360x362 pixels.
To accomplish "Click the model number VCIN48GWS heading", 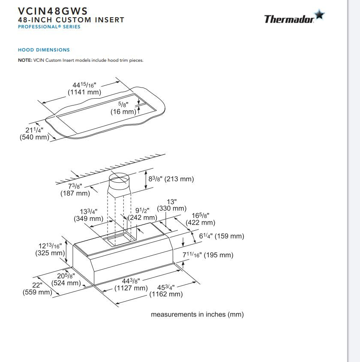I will pyautogui.click(x=53, y=11).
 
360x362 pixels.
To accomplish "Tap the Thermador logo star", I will pyautogui.click(x=319, y=15).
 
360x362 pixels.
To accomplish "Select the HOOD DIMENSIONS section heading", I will pyautogui.click(x=44, y=50).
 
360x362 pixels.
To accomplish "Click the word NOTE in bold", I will pyautogui.click(x=24, y=60).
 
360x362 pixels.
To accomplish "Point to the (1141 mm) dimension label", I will pyautogui.click(x=84, y=92).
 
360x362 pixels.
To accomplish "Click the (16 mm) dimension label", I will pyautogui.click(x=123, y=112).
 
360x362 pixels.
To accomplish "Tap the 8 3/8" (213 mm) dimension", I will pyautogui.click(x=171, y=179).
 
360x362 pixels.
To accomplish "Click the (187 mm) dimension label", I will pyautogui.click(x=75, y=193).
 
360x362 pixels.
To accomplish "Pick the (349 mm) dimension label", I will pyautogui.click(x=88, y=219).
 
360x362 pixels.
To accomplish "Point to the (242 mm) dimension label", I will pyautogui.click(x=143, y=217).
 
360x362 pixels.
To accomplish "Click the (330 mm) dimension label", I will pyautogui.click(x=172, y=208).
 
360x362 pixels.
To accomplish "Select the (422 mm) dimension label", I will pyautogui.click(x=200, y=223).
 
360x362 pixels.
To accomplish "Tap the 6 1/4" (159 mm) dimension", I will pyautogui.click(x=221, y=236).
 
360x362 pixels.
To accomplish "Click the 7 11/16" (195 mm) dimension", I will pyautogui.click(x=208, y=255).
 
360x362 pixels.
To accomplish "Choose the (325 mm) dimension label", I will pyautogui.click(x=50, y=253).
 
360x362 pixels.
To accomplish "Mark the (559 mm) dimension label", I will pyautogui.click(x=37, y=293).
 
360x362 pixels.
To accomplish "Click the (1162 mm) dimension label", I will pyautogui.click(x=166, y=294).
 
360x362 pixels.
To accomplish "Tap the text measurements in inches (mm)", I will pyautogui.click(x=197, y=314).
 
